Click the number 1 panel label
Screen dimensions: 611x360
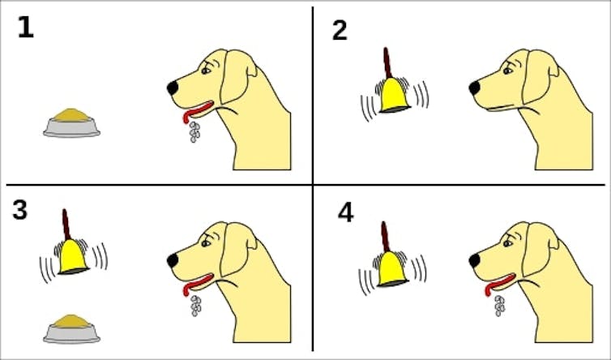26,28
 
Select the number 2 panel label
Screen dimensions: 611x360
340,31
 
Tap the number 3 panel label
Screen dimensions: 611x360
20,210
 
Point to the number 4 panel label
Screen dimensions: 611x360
346,213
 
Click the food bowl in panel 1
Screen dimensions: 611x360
71,123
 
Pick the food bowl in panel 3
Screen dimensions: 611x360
71,329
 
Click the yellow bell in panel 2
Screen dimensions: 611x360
394,95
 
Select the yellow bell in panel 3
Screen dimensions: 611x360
73,257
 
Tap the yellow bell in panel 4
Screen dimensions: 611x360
392,269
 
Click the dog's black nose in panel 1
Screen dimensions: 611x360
173,88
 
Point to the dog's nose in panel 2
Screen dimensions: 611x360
475,88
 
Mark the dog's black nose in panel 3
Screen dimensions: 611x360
173,260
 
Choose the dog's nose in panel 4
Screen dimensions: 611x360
475,260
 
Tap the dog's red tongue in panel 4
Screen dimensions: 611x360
499,284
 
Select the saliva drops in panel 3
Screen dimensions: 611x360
195,306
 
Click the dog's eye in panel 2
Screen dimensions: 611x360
507,71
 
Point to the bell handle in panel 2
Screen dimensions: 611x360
387,63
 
